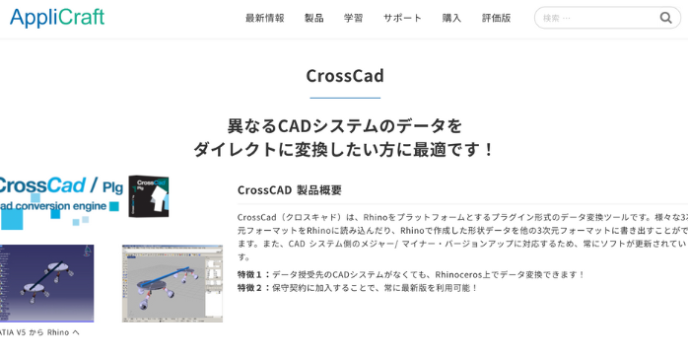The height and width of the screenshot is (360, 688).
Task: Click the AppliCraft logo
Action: pyautogui.click(x=57, y=18)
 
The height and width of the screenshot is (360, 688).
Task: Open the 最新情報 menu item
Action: pyautogui.click(x=264, y=18)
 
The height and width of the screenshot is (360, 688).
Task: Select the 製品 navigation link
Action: pyautogui.click(x=313, y=18)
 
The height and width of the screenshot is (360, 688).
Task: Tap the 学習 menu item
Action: pyautogui.click(x=353, y=18)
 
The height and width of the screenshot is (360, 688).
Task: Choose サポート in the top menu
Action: pyautogui.click(x=402, y=18)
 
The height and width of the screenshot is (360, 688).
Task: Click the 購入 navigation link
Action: pyautogui.click(x=451, y=18)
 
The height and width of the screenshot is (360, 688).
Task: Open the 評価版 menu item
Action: pyautogui.click(x=496, y=18)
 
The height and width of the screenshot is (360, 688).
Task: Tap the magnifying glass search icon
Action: pyautogui.click(x=666, y=18)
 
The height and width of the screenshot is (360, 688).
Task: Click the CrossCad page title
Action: pyautogui.click(x=344, y=76)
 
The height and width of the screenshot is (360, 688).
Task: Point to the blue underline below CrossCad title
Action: pyautogui.click(x=344, y=98)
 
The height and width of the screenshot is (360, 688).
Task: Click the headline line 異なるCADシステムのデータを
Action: pyautogui.click(x=344, y=125)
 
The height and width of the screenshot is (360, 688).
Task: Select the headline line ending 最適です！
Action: pyautogui.click(x=344, y=150)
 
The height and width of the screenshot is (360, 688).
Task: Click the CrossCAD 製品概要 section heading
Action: pyautogui.click(x=289, y=189)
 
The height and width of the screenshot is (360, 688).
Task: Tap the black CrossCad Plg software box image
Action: pyautogui.click(x=148, y=195)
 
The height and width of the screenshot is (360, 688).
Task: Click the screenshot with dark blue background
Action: pyautogui.click(x=45, y=283)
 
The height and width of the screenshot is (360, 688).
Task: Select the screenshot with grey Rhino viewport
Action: pyautogui.click(x=172, y=283)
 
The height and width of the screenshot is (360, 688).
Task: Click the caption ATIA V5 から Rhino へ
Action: pyautogui.click(x=39, y=332)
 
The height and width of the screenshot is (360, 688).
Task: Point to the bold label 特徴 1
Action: pyautogui.click(x=253, y=274)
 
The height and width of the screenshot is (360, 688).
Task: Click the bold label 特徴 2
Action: pyautogui.click(x=253, y=288)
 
